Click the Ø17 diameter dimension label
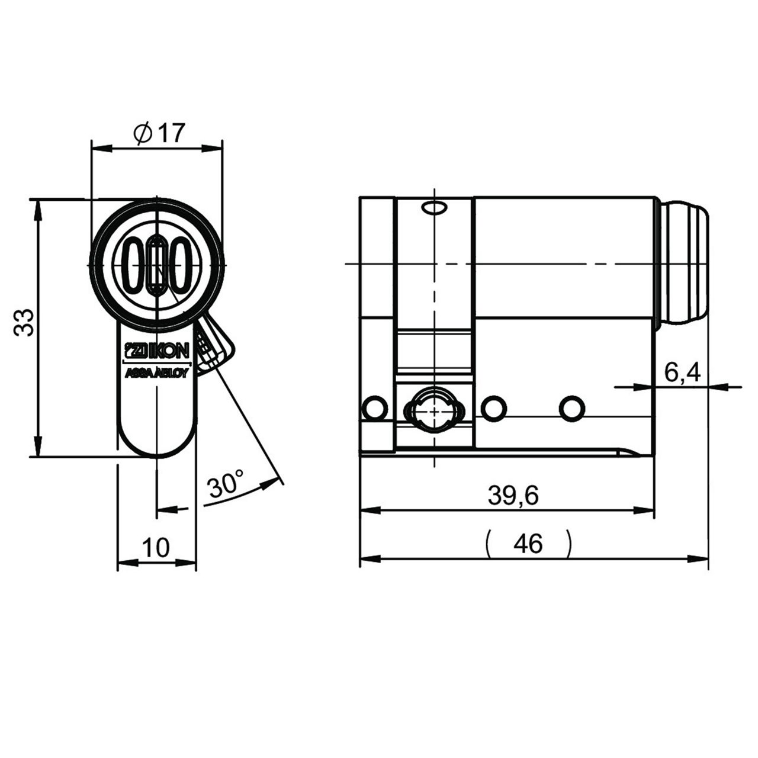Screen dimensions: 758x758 (159, 133)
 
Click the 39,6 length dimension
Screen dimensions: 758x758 (513, 496)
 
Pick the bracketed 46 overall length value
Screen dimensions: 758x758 (528, 544)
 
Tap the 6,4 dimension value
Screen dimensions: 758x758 (682, 372)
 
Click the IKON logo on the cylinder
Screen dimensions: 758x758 (157, 350)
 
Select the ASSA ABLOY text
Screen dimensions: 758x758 (157, 373)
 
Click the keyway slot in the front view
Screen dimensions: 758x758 (157, 265)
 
